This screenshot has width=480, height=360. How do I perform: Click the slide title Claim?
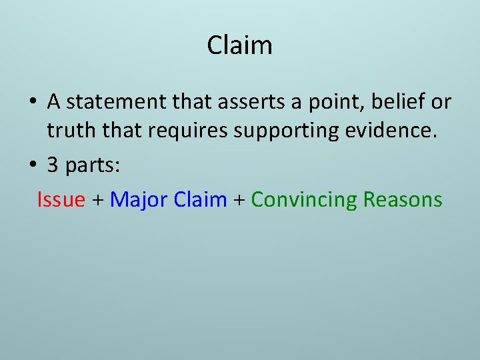[239, 45]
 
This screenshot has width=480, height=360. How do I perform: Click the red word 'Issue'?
[61, 199]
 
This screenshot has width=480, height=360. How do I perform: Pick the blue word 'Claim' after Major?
[200, 199]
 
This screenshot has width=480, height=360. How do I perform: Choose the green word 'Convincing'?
[304, 199]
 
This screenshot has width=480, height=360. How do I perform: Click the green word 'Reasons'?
[403, 199]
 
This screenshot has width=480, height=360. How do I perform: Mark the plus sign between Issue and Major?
[97, 200]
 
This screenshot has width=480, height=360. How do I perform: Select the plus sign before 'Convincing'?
[239, 200]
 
